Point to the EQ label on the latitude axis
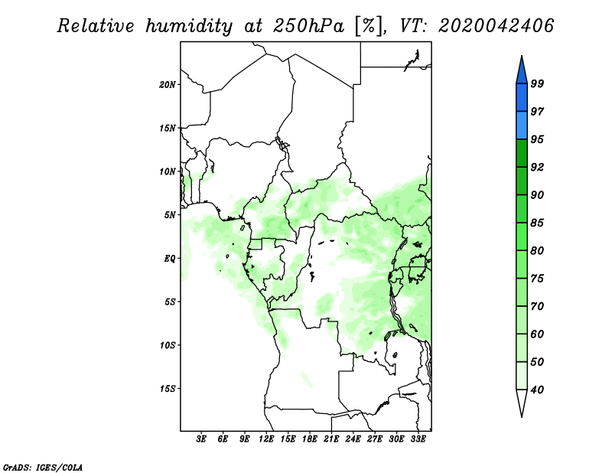tap(171, 258)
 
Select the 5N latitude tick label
tap(171, 214)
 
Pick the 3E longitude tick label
tap(202, 439)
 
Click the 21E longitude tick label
tap(331, 439)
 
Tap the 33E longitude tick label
tap(418, 439)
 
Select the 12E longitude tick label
tap(266, 439)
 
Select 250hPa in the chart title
tap(304, 26)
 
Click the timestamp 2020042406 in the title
tap(496, 26)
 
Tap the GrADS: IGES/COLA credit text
tap(42, 466)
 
